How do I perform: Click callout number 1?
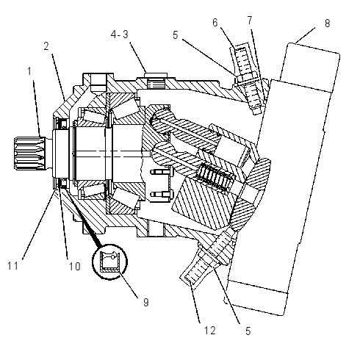[x=29, y=71]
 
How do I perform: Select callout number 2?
[x=46, y=46]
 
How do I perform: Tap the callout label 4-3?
[x=120, y=35]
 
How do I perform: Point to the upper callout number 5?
[x=175, y=35]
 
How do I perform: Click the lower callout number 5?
[x=248, y=331]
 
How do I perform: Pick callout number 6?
[x=215, y=23]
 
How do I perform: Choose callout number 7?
[x=250, y=21]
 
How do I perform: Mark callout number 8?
[x=328, y=24]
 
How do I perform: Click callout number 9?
[x=146, y=303]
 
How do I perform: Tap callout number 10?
[x=74, y=267]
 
